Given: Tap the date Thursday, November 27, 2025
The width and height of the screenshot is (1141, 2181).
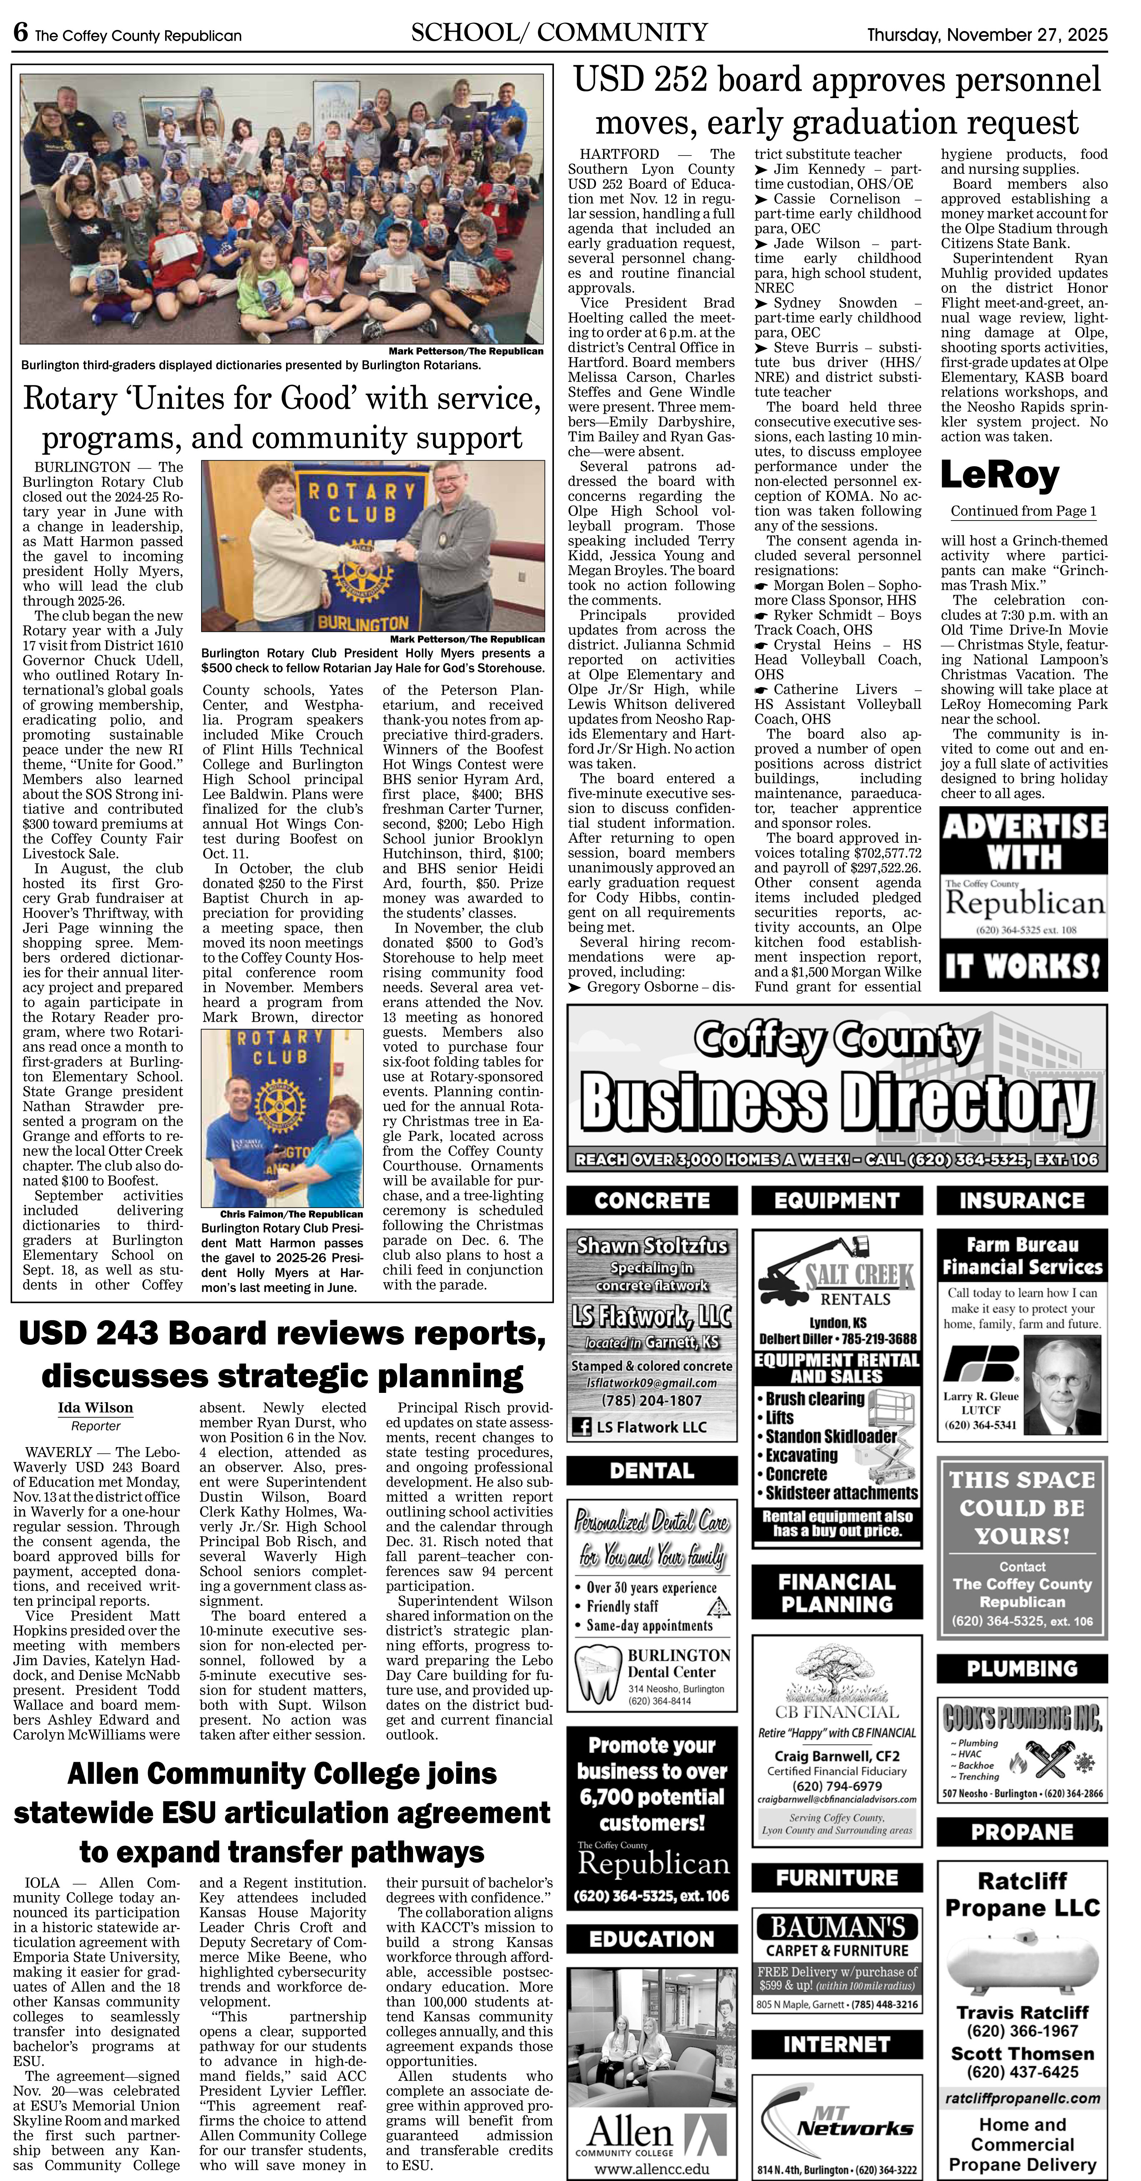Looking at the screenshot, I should tap(986, 35).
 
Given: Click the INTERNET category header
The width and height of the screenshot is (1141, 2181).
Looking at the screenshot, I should tap(836, 2044).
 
